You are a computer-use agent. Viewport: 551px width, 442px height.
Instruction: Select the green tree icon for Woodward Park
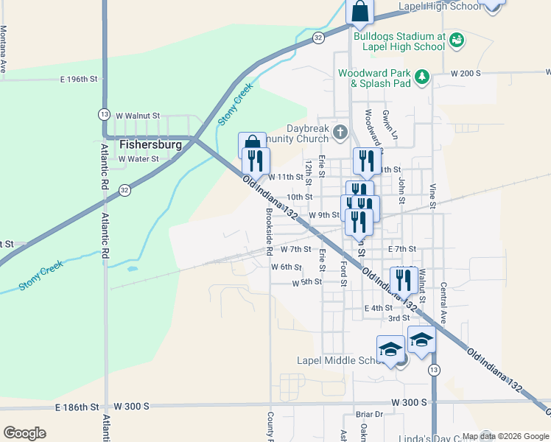tap(422, 77)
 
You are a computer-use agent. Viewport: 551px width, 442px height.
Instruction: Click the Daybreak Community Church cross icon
tap(340, 133)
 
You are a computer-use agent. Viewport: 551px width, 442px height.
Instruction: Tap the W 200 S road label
tap(466, 74)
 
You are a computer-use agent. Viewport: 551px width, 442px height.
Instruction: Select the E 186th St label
tap(77, 407)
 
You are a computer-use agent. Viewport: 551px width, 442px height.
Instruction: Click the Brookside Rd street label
tap(270, 228)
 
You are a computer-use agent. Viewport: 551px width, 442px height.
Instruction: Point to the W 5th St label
tap(307, 282)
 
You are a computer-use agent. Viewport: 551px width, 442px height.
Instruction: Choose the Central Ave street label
tap(443, 302)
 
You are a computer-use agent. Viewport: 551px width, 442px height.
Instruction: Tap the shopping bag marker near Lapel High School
tap(360, 12)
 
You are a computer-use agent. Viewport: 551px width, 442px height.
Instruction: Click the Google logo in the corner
tap(24, 432)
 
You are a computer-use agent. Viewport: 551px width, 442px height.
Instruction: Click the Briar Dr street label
tap(370, 415)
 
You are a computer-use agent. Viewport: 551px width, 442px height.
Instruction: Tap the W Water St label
tap(138, 158)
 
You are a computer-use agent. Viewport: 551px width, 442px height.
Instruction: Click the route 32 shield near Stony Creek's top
tap(317, 37)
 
